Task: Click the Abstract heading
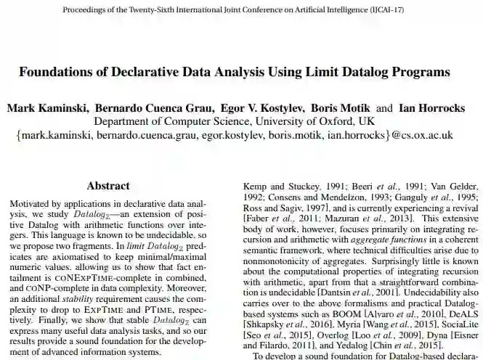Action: pyautogui.click(x=108, y=186)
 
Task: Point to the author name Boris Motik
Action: pyautogui.click(x=341, y=108)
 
